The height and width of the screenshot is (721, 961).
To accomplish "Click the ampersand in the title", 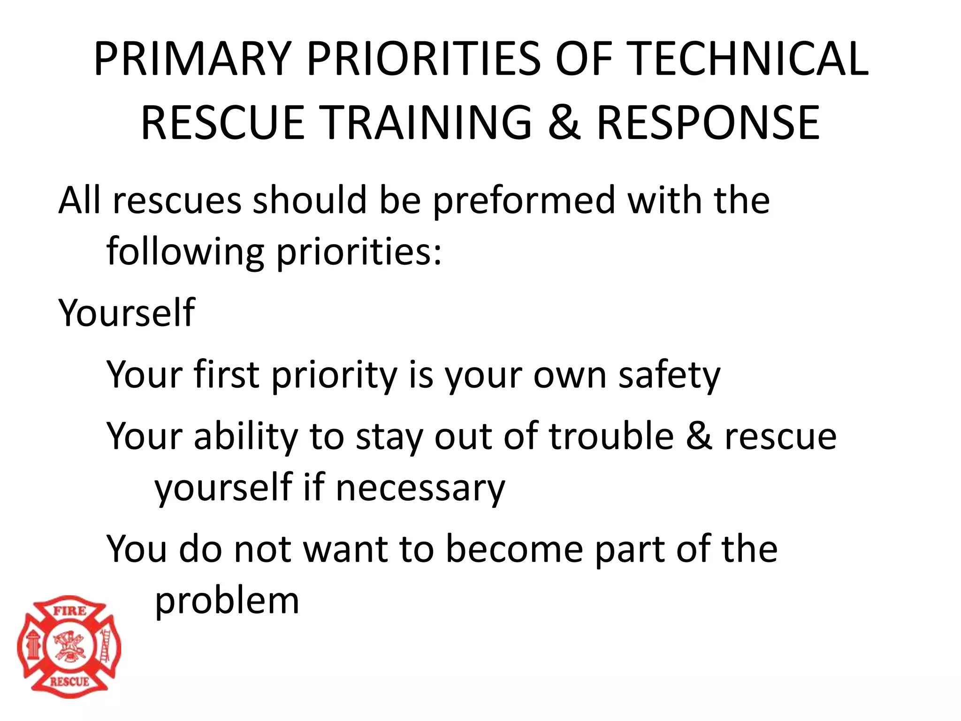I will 564,123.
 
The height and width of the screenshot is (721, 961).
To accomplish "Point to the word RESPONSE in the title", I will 708,123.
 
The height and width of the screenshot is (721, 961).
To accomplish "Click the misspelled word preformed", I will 523,201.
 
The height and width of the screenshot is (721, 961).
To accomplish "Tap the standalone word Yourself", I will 126,313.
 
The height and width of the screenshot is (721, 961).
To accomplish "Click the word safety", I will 669,376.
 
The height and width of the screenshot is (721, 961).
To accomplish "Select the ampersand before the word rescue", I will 699,437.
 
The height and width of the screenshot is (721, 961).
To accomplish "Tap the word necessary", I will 420,488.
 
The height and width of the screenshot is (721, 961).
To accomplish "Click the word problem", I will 227,601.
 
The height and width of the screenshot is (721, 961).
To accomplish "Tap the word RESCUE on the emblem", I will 69,682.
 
